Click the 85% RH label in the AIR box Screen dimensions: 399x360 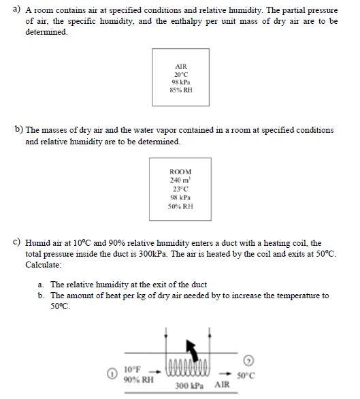click(x=180, y=89)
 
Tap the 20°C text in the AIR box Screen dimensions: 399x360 click(x=180, y=74)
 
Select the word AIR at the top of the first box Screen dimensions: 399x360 click(x=180, y=67)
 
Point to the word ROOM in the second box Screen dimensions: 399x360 click(x=180, y=172)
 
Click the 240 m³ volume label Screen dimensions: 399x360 click(x=180, y=180)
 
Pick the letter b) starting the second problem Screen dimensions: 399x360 click(x=18, y=129)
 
